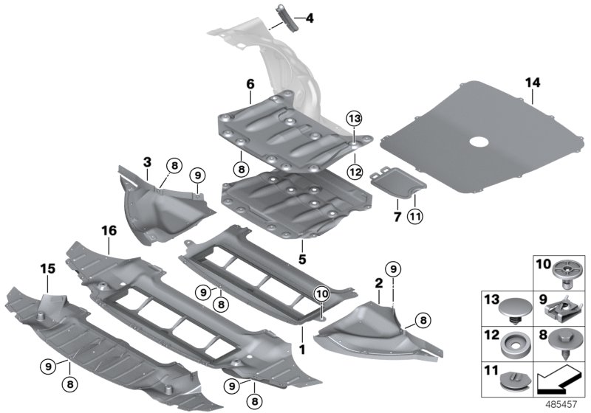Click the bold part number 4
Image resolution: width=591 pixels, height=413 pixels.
pos(310,17)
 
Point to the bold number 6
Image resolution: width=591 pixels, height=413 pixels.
pos(250,85)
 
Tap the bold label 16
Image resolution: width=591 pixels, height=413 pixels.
pos(109,231)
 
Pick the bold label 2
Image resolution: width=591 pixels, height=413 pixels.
pos(378,283)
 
